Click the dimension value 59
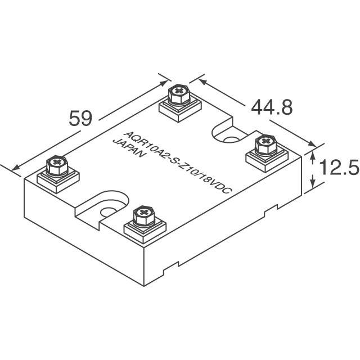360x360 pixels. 80,119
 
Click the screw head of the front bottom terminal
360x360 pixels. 143,214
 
